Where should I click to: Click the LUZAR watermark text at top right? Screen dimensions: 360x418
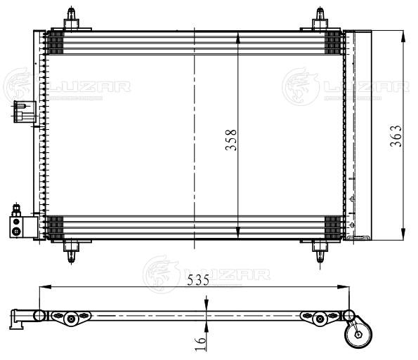tap(365, 87)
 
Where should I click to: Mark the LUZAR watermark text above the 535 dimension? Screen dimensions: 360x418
tap(226, 274)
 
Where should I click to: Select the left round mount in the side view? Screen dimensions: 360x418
tap(70, 320)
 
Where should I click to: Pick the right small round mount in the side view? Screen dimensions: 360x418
tap(320, 320)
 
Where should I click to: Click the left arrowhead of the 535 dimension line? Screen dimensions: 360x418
tap(44, 286)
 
